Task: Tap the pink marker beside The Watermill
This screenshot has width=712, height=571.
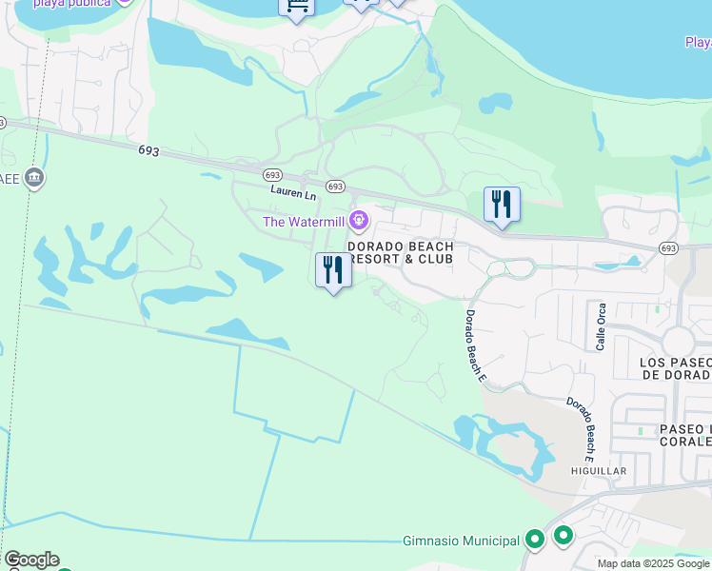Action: click(x=358, y=222)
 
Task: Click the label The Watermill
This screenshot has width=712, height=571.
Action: click(x=304, y=223)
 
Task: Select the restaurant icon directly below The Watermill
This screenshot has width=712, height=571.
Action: click(x=333, y=270)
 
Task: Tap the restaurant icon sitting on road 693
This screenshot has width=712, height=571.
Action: click(x=502, y=205)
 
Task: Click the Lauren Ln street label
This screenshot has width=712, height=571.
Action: click(x=292, y=193)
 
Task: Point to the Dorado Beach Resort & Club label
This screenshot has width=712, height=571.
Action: click(x=400, y=252)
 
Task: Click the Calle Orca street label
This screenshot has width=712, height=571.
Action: click(x=601, y=326)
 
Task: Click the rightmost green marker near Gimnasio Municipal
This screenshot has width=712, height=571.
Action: click(x=564, y=536)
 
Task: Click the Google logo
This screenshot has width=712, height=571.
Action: click(x=30, y=560)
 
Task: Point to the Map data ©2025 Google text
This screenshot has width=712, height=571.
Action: click(x=654, y=563)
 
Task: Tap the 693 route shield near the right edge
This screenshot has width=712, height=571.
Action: click(x=669, y=248)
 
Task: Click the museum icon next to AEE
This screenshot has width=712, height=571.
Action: click(x=34, y=178)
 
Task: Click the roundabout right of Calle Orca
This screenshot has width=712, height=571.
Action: click(x=680, y=340)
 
